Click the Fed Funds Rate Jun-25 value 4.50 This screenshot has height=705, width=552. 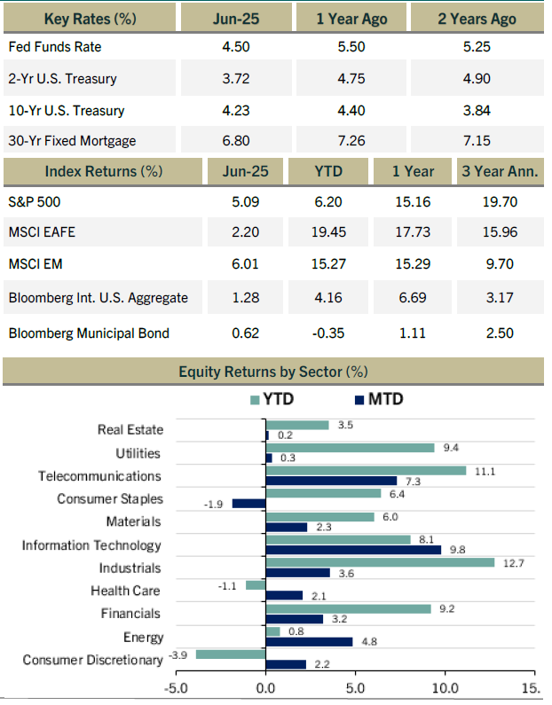click(236, 47)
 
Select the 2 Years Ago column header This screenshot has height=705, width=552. click(477, 19)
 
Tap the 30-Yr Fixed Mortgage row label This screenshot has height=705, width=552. click(72, 141)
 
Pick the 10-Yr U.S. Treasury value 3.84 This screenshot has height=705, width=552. click(477, 111)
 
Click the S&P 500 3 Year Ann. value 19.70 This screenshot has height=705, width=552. click(500, 202)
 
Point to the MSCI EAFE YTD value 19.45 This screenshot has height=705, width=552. click(328, 232)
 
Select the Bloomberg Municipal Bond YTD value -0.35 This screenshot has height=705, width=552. click(328, 333)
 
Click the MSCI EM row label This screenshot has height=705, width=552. click(35, 264)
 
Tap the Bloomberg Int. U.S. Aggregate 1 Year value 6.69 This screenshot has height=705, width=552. click(413, 298)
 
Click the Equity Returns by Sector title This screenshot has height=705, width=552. click(273, 372)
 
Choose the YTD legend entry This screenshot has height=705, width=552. click(272, 399)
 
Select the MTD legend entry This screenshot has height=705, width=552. click(379, 399)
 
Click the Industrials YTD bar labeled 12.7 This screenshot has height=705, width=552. click(380, 562)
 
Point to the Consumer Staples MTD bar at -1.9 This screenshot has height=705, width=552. click(248, 504)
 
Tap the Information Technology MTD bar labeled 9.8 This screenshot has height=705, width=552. click(353, 550)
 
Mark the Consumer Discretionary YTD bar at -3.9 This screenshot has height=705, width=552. click(231, 654)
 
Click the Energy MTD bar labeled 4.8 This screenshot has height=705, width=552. click(309, 642)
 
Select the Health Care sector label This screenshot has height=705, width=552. click(125, 591)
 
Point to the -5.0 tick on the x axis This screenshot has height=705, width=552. click(176, 688)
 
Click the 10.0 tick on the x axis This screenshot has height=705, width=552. click(445, 688)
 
